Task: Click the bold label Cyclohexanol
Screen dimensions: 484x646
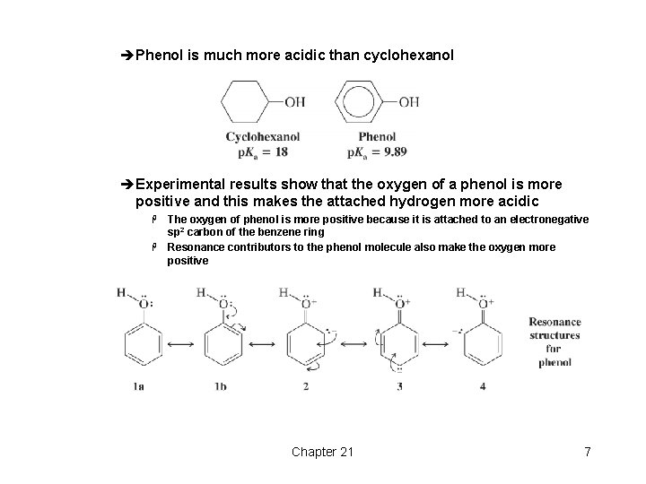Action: pos(262,137)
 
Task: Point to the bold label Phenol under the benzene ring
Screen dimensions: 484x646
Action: pos(377,137)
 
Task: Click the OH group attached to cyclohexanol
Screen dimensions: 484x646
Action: pos(294,102)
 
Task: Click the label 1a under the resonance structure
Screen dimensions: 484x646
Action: pos(138,386)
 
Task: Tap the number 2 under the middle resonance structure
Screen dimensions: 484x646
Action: pos(306,386)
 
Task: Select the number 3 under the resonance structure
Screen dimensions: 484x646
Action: pos(399,386)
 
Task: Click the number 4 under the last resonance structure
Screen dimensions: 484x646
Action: pos(483,386)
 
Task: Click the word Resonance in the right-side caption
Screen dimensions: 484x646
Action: pos(554,322)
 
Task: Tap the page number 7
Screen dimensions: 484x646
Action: pos(587,452)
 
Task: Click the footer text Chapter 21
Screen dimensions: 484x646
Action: pos(322,452)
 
